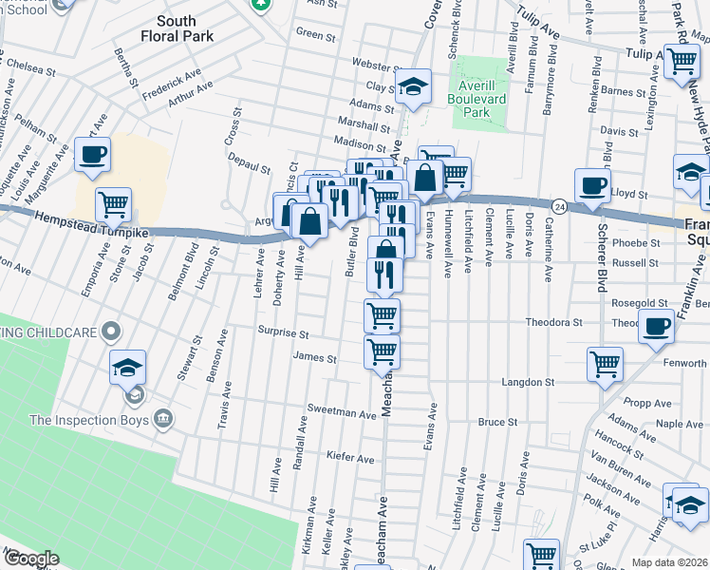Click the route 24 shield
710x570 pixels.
point(561,205)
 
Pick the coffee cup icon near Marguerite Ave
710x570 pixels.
point(93,155)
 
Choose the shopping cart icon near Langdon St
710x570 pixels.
point(605,364)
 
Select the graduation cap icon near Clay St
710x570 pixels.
point(413,86)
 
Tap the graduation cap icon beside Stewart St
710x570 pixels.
point(128,368)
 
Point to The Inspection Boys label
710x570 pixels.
point(90,419)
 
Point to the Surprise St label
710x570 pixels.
point(285,334)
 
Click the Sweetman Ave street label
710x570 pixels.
point(342,414)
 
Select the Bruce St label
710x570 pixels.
point(497,421)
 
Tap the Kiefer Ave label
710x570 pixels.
point(350,458)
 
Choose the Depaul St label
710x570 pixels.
point(249,165)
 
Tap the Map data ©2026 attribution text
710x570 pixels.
point(669,562)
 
